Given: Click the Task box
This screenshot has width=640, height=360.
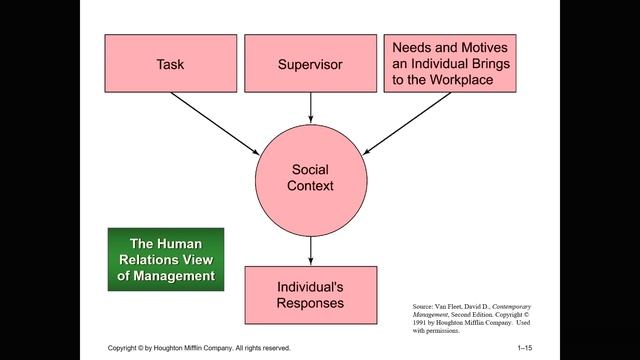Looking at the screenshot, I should click(170, 64).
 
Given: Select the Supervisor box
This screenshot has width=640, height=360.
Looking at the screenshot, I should click(310, 64).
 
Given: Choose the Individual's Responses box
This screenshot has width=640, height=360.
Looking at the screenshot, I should click(310, 294).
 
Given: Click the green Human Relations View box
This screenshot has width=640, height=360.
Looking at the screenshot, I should click(166, 259).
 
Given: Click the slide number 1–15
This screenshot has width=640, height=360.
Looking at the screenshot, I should click(525, 347).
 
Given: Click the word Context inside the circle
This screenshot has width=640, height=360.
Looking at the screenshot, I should click(310, 186).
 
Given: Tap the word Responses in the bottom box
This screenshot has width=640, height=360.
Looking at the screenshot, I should click(310, 302).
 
